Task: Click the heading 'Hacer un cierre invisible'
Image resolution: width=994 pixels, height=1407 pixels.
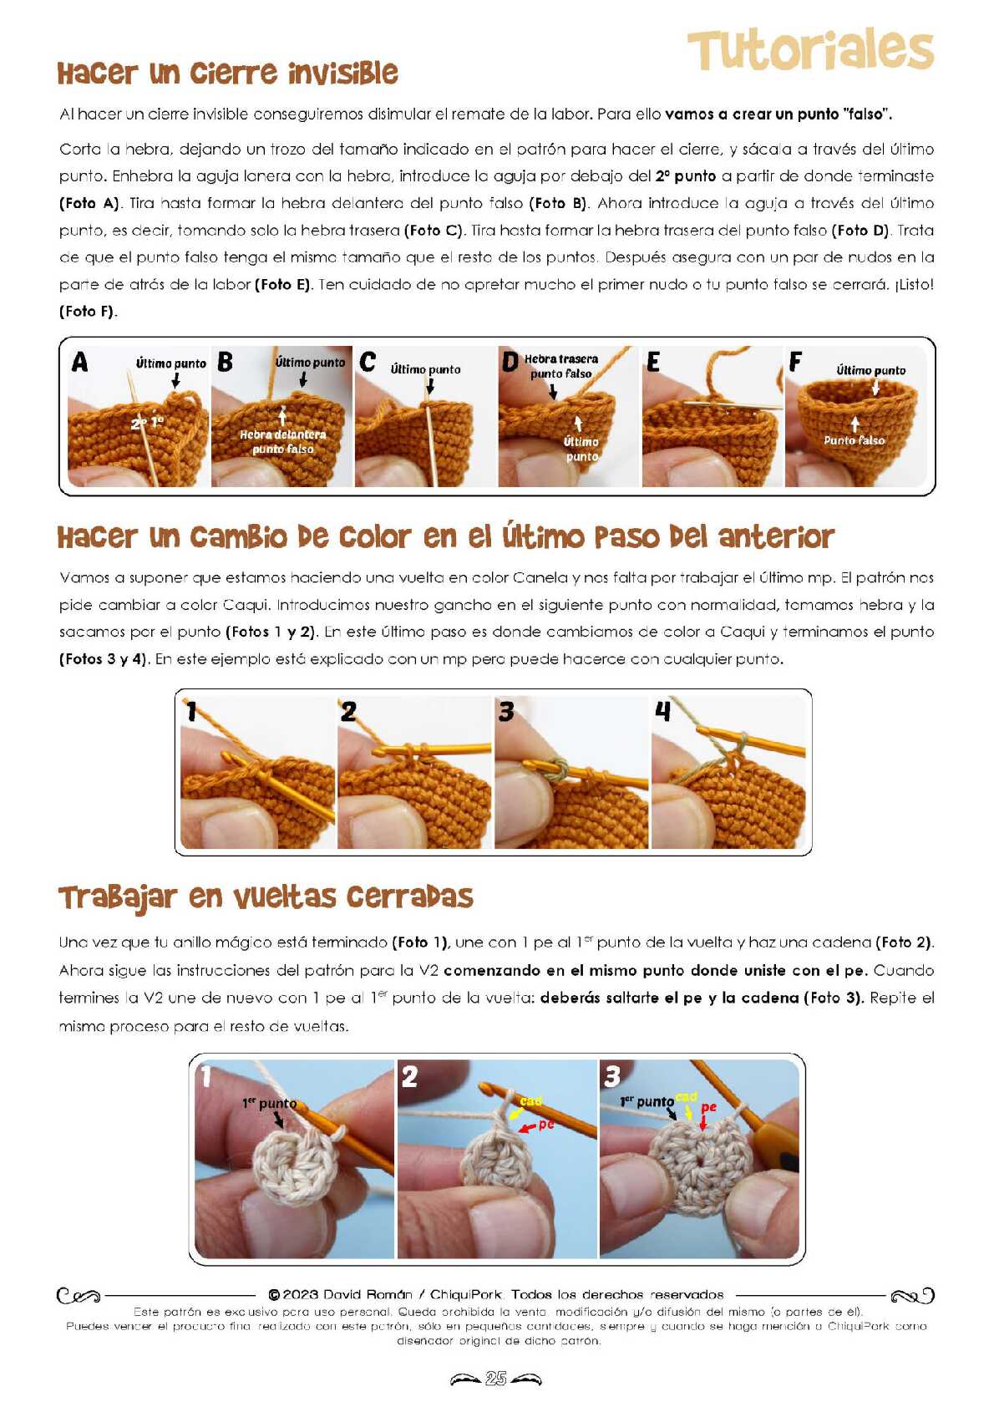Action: [227, 73]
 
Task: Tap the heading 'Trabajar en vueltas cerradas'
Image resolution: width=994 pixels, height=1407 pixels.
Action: [266, 897]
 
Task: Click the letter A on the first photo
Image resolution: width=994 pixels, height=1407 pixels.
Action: [79, 362]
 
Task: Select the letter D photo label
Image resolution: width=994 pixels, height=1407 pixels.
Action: [510, 361]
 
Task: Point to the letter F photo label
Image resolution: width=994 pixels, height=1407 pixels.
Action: [795, 361]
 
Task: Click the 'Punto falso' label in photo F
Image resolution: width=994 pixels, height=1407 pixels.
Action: [854, 440]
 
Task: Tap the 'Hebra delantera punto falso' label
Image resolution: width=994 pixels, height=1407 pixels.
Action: [282, 442]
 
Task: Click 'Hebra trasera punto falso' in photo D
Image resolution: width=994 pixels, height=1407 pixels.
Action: [560, 366]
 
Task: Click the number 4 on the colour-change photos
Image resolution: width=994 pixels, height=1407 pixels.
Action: [662, 711]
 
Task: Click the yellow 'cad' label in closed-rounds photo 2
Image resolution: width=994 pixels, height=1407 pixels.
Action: [530, 1101]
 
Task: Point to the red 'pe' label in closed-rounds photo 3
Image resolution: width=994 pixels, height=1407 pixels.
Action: [709, 1107]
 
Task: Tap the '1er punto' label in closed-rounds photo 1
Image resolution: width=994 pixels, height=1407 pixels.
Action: [269, 1103]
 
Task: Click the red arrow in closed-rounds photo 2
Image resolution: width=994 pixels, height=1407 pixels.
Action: [527, 1129]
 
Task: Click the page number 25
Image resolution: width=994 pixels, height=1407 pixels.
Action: [495, 1379]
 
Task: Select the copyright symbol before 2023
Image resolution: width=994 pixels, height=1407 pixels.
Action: [274, 1294]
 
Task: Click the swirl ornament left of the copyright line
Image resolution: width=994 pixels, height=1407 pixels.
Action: [79, 1295]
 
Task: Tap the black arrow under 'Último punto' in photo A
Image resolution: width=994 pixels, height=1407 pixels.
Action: [175, 380]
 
